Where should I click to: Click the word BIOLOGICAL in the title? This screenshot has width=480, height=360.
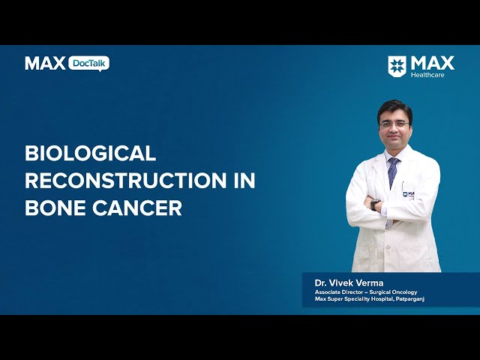tap(91, 153)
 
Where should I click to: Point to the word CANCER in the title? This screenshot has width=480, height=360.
tap(137, 208)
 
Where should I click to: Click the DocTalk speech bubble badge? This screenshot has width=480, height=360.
tap(88, 64)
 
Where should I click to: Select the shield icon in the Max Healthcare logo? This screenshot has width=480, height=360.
tap(397, 66)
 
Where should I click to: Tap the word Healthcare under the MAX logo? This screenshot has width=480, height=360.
tap(427, 75)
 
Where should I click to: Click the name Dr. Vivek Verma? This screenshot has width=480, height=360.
tap(349, 283)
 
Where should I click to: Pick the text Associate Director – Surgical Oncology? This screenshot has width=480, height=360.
tap(366, 292)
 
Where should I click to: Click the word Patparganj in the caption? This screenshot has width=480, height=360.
tap(410, 299)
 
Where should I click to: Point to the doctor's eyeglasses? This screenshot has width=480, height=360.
tap(394, 124)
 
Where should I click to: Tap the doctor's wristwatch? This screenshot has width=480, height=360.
tap(375, 205)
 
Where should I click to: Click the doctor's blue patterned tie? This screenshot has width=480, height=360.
tap(393, 172)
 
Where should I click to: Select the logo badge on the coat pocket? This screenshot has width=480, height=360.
tap(408, 194)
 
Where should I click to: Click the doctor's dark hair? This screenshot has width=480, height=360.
tap(395, 109)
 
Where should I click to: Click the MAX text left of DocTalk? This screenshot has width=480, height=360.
tap(45, 63)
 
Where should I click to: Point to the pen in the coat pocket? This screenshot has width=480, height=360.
tap(402, 187)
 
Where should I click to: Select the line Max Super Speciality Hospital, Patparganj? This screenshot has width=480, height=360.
tap(370, 299)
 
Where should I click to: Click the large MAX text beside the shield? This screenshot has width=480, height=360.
tap(433, 63)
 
